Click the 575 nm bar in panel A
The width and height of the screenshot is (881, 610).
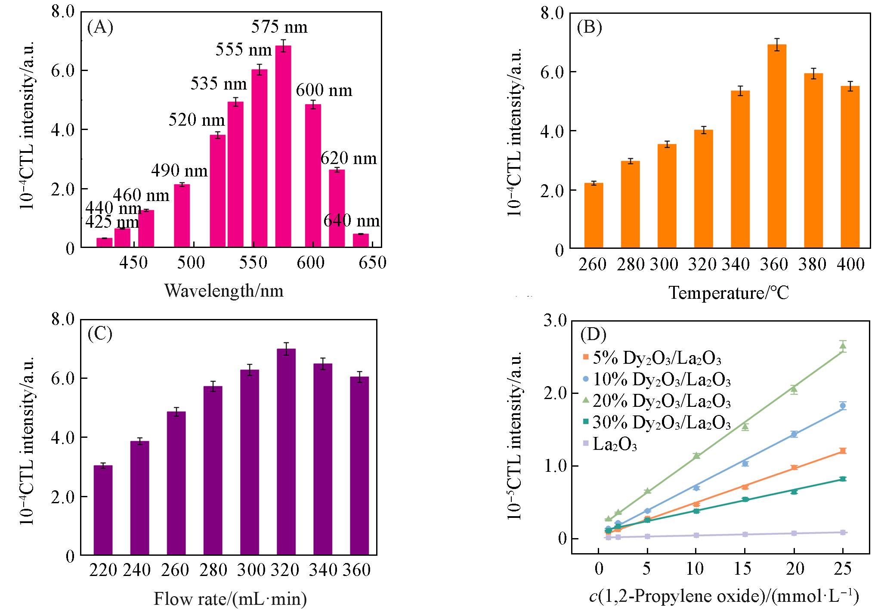[x=283, y=146]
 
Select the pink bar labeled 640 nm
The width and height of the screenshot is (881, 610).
[x=361, y=241]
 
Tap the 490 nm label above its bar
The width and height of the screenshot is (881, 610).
[x=179, y=171]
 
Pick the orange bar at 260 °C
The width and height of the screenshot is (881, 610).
[x=594, y=215]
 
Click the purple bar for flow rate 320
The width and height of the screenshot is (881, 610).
[x=286, y=452]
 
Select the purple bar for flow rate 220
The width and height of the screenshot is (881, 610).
[x=103, y=510]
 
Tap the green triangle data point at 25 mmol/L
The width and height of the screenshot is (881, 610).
[x=843, y=345]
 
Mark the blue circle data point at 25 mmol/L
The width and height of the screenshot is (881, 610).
[x=843, y=406]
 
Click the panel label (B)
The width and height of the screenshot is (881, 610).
[x=589, y=27]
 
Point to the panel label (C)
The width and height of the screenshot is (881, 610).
[x=100, y=334]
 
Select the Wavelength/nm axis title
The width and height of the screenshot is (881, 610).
[x=224, y=291]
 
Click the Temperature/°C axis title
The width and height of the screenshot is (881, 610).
[x=729, y=293]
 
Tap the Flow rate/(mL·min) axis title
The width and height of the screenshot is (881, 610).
[x=230, y=599]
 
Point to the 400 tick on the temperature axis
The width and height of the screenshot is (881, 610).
[x=850, y=264]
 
